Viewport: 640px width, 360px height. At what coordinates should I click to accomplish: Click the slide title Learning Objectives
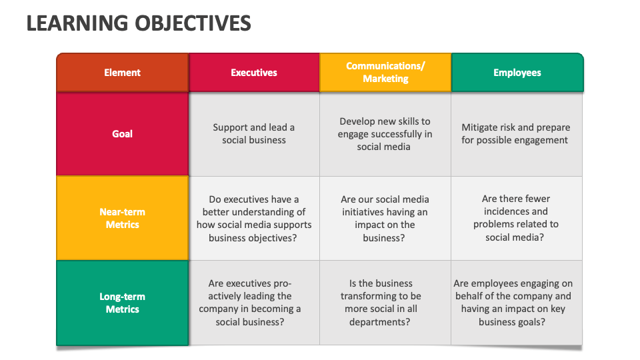point(139,23)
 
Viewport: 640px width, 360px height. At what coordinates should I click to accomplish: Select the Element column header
point(123,72)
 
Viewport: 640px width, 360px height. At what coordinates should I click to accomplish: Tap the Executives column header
point(254,72)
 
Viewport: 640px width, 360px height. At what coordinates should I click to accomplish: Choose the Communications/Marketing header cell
point(385,72)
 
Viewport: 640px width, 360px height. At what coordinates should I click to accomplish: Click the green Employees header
point(517,72)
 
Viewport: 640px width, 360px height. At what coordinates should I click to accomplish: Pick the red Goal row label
point(123,134)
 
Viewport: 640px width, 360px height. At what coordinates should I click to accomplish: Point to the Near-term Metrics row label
point(123,218)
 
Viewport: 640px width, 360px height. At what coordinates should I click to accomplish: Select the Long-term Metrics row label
point(123,303)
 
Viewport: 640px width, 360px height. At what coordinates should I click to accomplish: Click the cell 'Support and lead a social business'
point(254,134)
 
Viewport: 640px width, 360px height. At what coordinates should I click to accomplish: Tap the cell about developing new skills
point(385,134)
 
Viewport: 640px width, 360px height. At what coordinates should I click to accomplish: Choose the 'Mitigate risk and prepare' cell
point(516,134)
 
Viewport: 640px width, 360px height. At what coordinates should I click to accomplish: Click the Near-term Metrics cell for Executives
point(254,219)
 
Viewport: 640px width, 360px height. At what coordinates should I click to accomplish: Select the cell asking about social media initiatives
point(385,219)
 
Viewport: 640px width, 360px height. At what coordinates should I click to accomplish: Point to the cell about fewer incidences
point(516,219)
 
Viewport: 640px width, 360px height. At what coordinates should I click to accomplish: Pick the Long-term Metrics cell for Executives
point(254,303)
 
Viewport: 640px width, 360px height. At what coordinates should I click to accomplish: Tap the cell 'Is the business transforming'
point(385,303)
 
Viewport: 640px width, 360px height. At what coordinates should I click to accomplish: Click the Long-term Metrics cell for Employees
point(516,303)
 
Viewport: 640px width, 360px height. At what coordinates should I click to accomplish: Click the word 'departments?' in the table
point(379,322)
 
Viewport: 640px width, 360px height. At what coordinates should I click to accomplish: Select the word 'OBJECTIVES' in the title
point(193,23)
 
